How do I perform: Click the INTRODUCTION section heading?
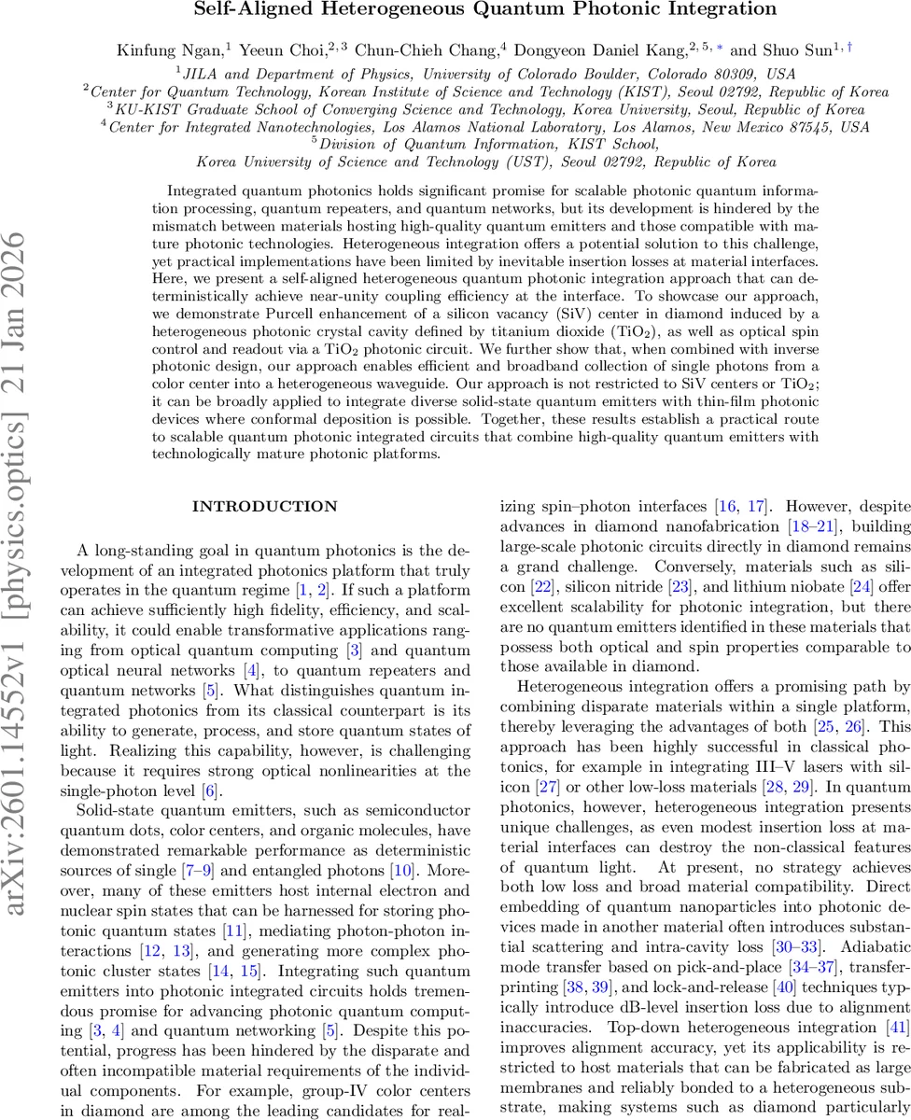pos(264,507)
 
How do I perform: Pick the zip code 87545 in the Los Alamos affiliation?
pos(809,126)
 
